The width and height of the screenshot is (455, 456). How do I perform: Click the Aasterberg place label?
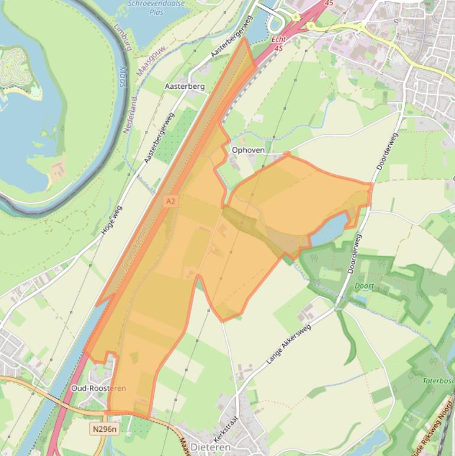[184, 86]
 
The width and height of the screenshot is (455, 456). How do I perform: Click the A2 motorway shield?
[170, 201]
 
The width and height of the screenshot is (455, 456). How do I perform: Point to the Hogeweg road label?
[111, 219]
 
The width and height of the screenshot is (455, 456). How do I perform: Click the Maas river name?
[122, 75]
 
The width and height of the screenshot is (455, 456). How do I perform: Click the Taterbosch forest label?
[438, 381]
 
